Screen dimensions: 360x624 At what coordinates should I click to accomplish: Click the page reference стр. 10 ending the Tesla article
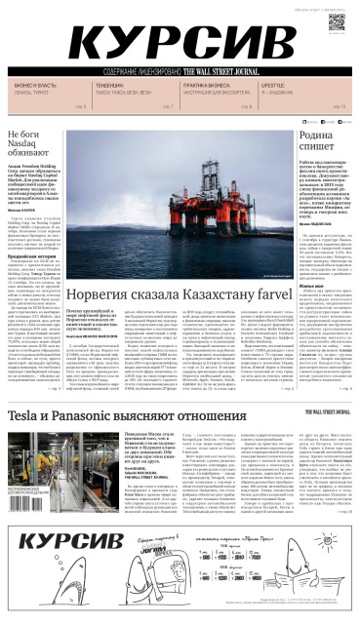349,510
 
